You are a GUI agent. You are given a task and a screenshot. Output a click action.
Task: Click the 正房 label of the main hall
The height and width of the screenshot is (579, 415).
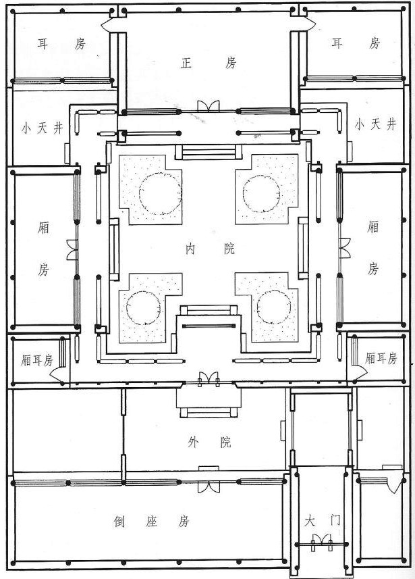click(x=209, y=63)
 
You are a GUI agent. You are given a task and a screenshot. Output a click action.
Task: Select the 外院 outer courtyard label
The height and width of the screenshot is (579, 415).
click(x=210, y=442)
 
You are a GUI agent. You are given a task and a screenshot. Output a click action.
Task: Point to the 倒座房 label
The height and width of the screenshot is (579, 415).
click(x=151, y=522)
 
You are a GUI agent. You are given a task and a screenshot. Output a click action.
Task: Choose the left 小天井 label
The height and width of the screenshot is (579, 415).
click(x=42, y=128)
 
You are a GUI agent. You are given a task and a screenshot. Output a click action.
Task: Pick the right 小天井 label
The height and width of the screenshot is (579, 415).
click(x=376, y=124)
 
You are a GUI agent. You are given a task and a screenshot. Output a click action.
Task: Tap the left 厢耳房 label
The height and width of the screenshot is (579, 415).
click(x=37, y=359)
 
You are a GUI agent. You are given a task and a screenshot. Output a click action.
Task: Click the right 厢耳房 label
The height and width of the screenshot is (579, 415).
click(x=381, y=358)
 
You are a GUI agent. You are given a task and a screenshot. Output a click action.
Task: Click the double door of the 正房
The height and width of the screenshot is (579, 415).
click(x=209, y=106)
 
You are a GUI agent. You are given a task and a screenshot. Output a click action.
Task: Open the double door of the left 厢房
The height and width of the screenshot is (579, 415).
click(x=72, y=249)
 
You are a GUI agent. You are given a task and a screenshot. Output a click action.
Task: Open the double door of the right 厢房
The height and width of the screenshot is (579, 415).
click(x=345, y=248)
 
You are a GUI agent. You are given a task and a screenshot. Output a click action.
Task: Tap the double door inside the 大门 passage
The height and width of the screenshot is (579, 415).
click(x=321, y=540)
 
